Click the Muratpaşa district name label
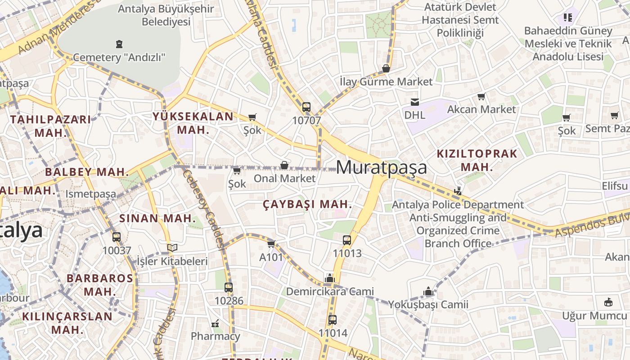pos(381,167)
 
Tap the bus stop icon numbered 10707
pos(306,107)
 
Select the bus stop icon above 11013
pos(347,240)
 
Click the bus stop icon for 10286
pos(229,287)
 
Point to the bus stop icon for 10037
pos(117,237)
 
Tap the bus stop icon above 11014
pos(333,320)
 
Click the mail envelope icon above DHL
pos(414,102)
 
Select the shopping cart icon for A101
pos(271,244)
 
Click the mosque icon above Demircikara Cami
pos(330,278)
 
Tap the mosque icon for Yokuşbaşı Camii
pos(428,292)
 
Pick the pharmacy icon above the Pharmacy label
pos(215,323)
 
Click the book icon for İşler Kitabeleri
pos(172,247)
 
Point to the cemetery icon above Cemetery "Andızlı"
pos(119,44)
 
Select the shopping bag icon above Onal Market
pos(284,165)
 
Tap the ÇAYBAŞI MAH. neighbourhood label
pos(307,204)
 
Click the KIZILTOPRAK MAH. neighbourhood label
pos(477,160)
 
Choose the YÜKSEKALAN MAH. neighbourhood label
pos(193,123)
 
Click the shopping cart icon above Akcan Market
pos(481,96)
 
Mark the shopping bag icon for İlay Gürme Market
pos(386,68)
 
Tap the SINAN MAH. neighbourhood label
pos(157,219)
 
